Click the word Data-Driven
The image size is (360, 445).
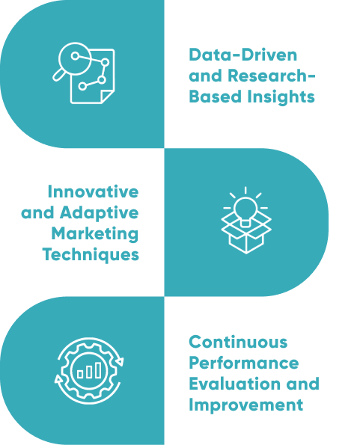[x=243, y=55]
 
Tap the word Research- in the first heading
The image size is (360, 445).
[x=272, y=76]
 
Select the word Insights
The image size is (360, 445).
[x=281, y=97]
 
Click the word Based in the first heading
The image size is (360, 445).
[x=216, y=96]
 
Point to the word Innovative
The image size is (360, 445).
[x=93, y=191]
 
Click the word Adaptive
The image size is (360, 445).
[x=99, y=213]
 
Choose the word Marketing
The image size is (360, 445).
[x=95, y=234]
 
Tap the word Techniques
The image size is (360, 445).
[x=91, y=254]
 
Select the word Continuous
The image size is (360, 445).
[x=238, y=342]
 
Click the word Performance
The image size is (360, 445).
[x=244, y=363]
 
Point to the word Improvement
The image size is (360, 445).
[x=246, y=405]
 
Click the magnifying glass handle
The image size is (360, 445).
[x=58, y=75]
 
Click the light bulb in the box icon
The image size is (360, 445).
[x=245, y=212]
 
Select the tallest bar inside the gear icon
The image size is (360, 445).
[x=98, y=370]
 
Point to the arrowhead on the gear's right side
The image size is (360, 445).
[x=120, y=361]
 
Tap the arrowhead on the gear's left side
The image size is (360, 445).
[x=58, y=379]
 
